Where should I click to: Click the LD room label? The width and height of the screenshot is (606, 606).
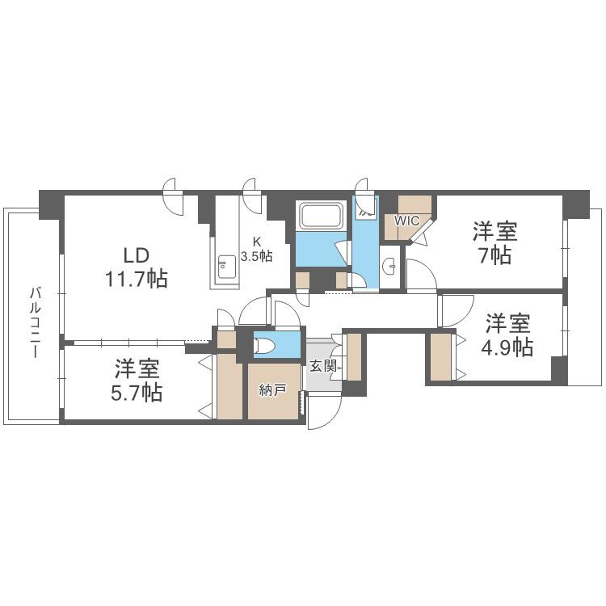[x=136, y=255]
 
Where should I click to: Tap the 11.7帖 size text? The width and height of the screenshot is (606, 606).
[x=137, y=279]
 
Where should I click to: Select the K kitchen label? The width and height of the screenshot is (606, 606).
[x=257, y=242]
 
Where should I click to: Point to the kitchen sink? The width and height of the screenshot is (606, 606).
[x=226, y=267]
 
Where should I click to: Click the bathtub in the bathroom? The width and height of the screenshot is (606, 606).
[x=322, y=216]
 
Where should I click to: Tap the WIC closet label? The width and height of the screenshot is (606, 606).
[x=406, y=221]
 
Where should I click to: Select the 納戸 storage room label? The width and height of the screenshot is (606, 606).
[x=272, y=390]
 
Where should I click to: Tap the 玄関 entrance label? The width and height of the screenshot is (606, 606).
[x=323, y=365]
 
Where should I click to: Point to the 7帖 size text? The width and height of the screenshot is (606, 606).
[x=495, y=255]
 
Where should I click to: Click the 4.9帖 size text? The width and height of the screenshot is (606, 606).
[x=507, y=347]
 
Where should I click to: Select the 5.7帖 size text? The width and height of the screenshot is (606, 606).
[x=137, y=393]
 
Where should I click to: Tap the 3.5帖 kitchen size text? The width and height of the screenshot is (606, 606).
[x=257, y=256]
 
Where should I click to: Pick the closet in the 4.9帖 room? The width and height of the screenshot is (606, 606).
[x=441, y=356]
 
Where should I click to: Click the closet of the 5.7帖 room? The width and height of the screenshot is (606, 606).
[x=229, y=385]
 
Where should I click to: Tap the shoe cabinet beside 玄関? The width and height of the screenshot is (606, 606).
[x=354, y=356]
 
